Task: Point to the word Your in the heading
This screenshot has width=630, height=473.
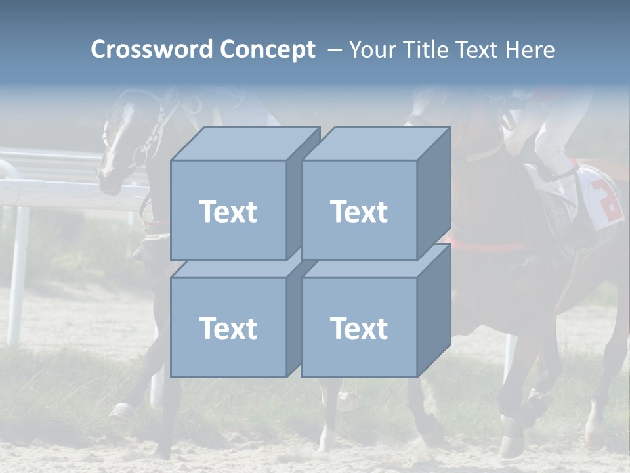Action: tap(371, 50)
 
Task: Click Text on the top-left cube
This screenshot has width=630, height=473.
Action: tap(228, 212)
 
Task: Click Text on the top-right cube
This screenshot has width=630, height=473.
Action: tap(359, 212)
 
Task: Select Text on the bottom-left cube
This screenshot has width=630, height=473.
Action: tap(228, 328)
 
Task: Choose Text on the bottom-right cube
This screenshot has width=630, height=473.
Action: tap(359, 328)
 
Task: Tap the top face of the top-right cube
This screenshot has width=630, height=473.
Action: tap(376, 144)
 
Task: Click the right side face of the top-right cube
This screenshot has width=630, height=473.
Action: tap(434, 194)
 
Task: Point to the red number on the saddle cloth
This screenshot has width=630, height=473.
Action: tap(607, 201)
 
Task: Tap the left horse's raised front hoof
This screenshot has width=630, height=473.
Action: tap(121, 413)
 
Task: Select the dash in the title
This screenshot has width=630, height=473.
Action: tap(333, 50)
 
